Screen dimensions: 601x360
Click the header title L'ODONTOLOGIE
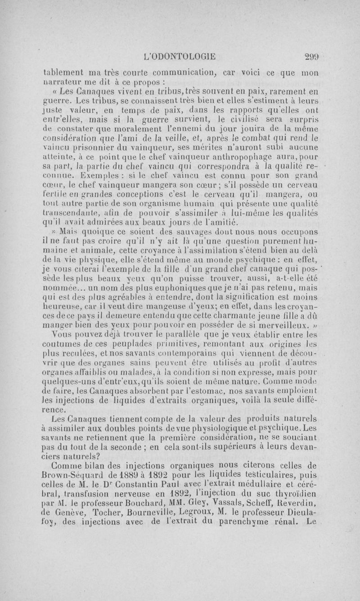coord(179,57)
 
